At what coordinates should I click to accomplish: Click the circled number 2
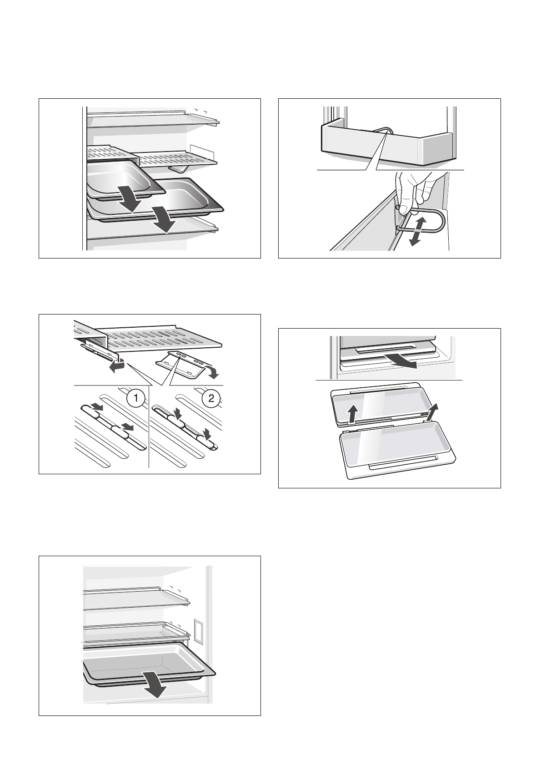211,399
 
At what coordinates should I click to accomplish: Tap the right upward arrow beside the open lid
433,411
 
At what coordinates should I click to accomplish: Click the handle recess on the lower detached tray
403,467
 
